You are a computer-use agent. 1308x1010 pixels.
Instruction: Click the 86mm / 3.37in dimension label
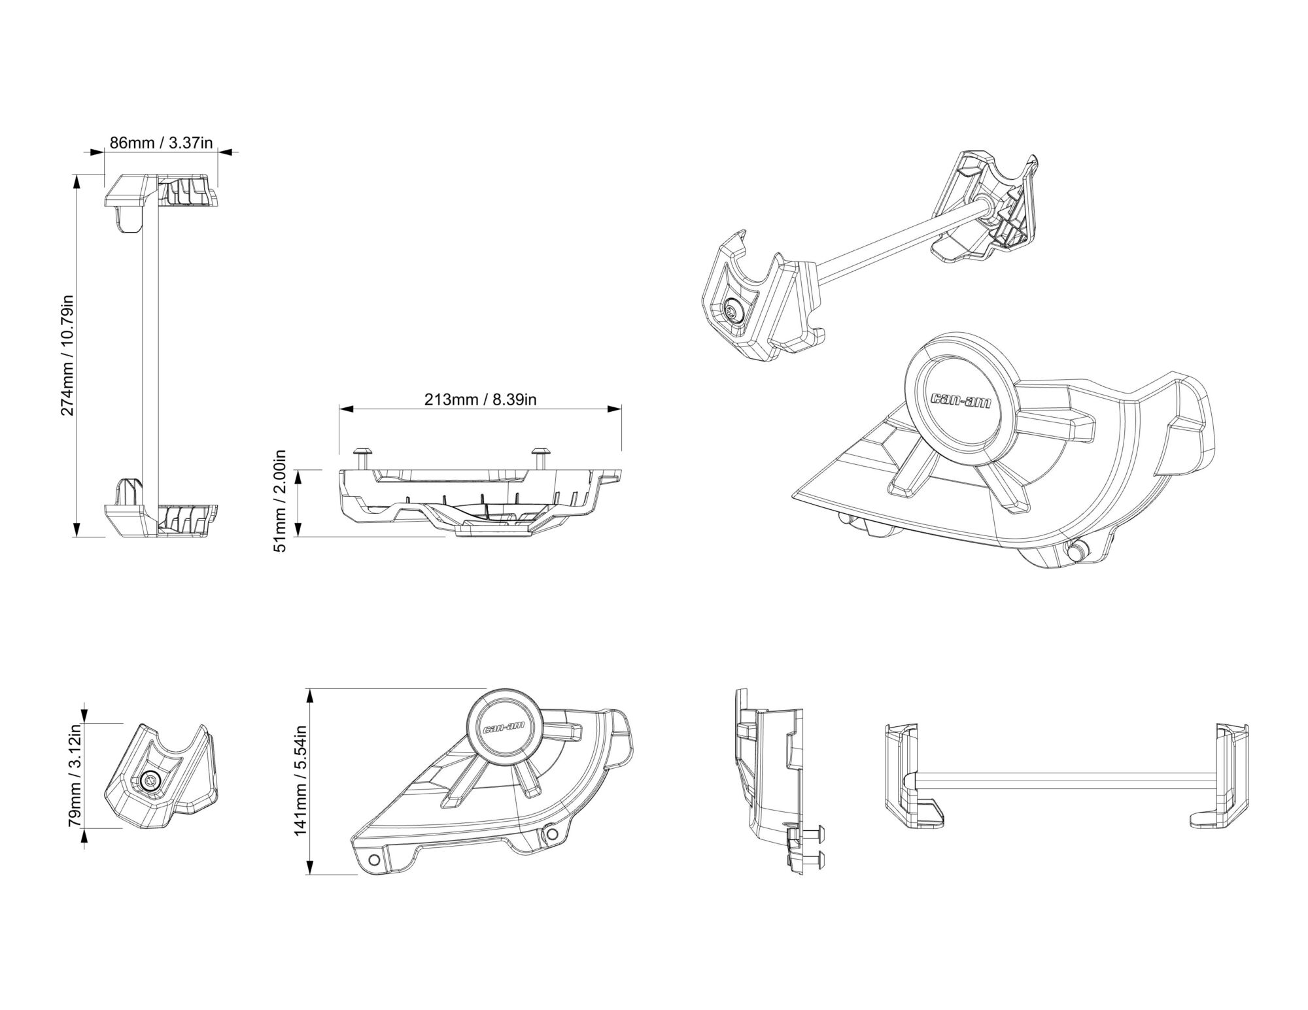[x=161, y=143]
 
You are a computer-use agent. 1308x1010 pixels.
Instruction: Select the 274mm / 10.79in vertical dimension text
[x=69, y=356]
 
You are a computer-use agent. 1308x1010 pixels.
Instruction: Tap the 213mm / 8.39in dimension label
[x=480, y=399]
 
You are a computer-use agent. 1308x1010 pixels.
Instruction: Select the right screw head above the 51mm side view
[x=540, y=452]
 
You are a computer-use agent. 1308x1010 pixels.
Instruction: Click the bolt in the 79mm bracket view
[x=150, y=781]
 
